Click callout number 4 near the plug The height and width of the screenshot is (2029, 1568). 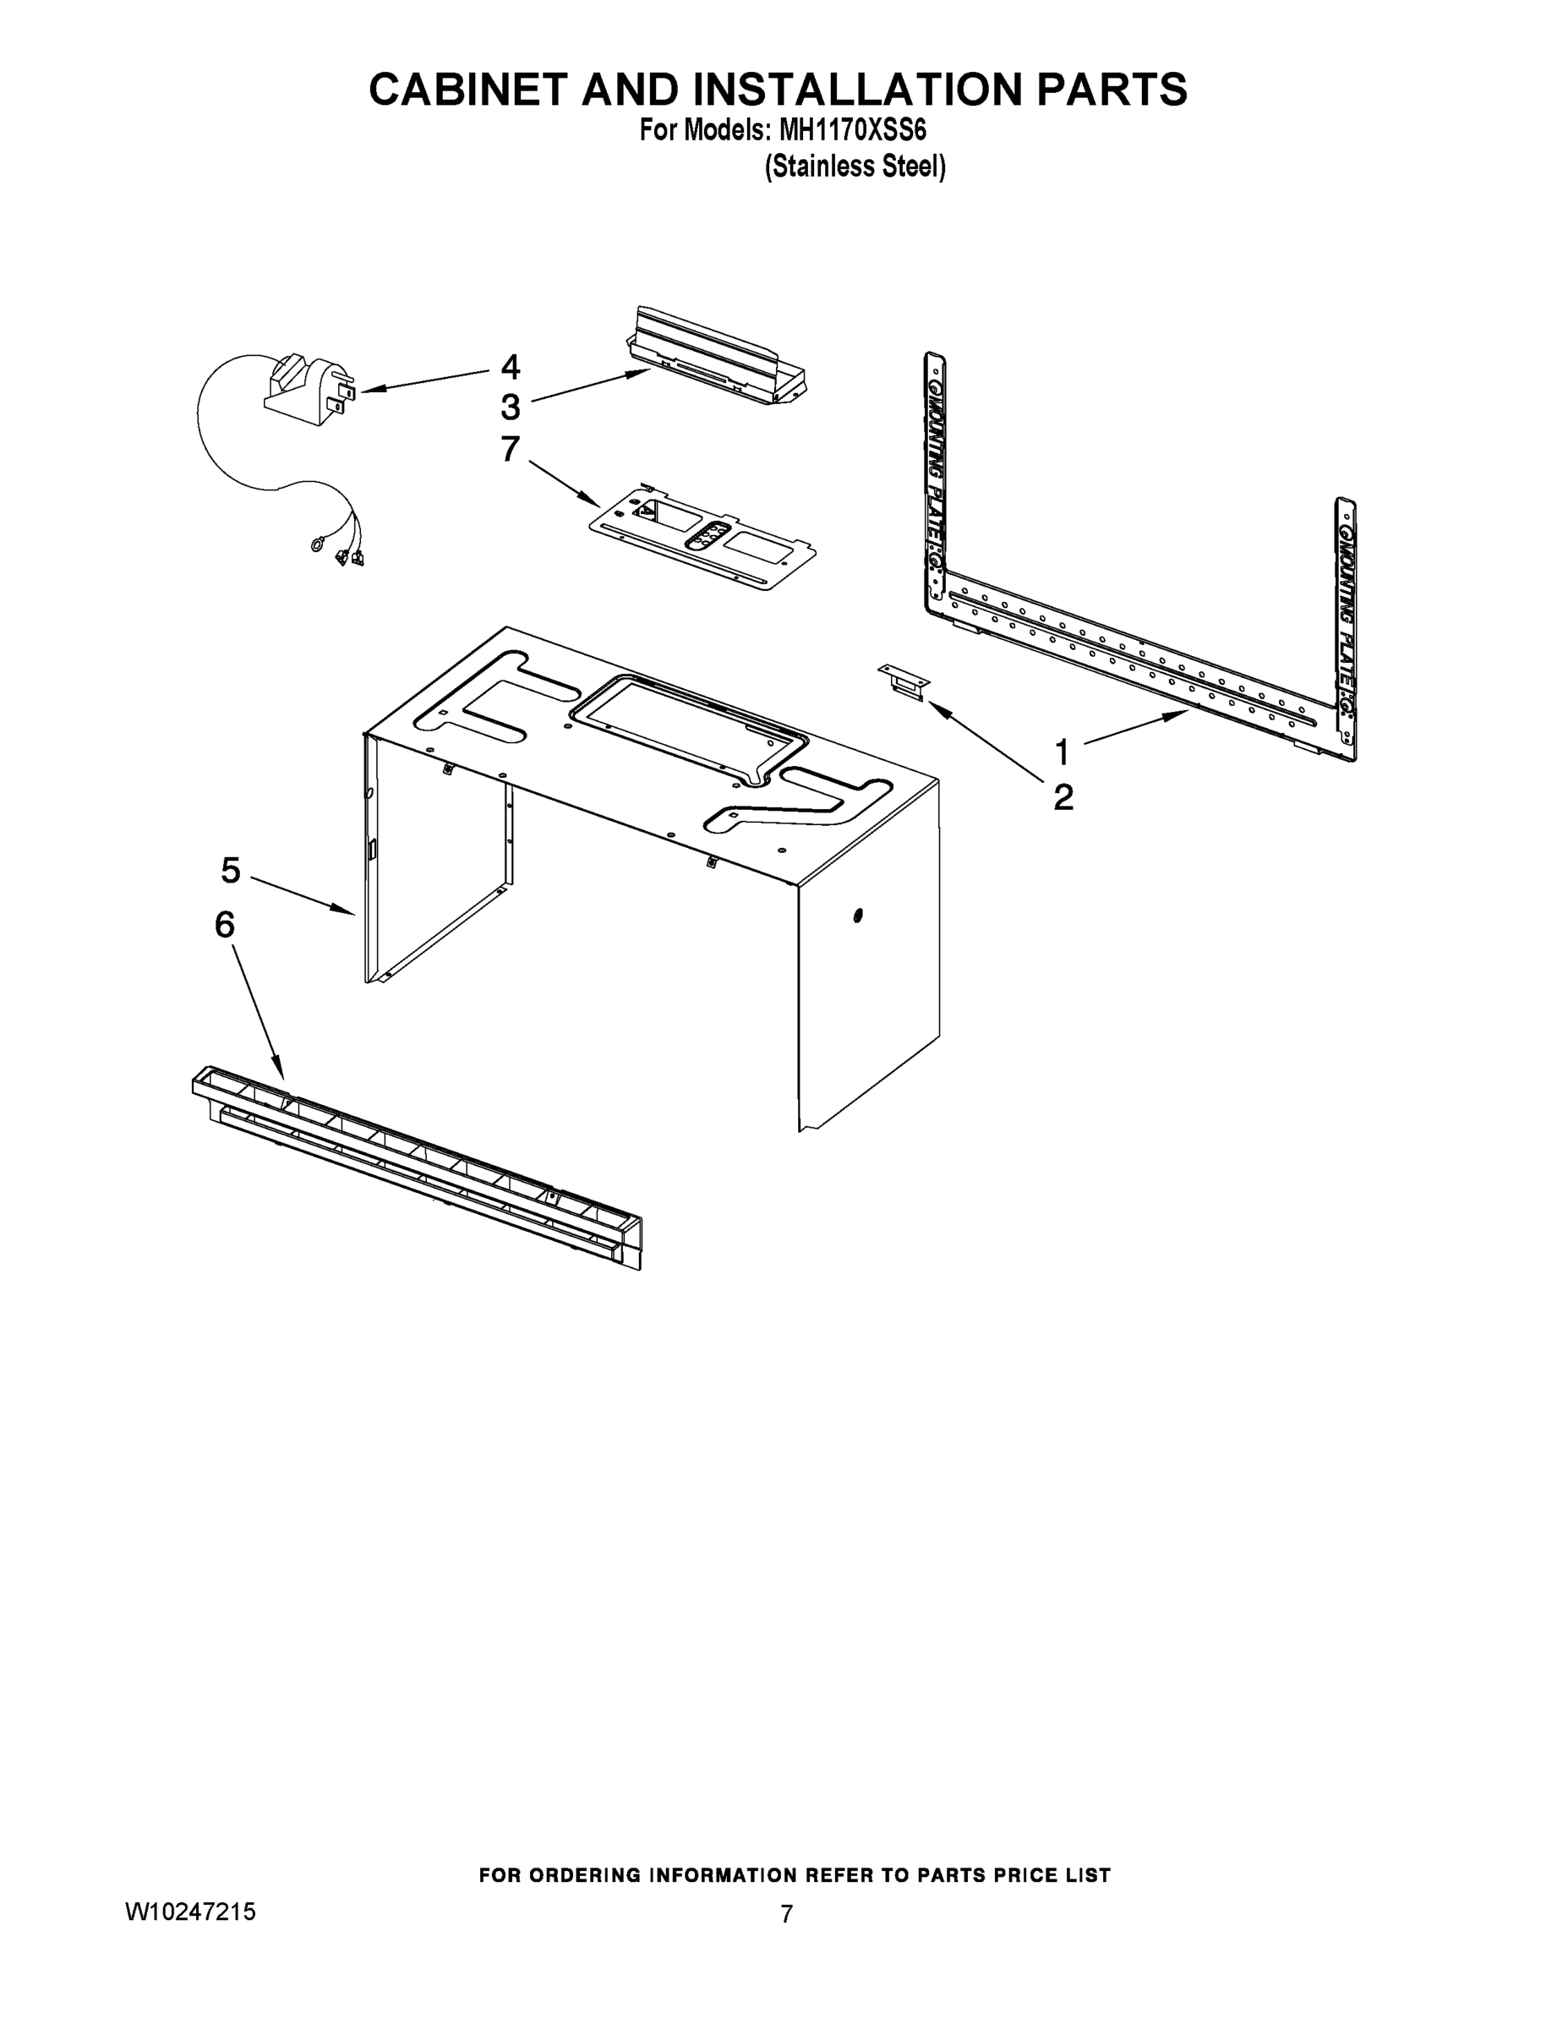pyautogui.click(x=510, y=367)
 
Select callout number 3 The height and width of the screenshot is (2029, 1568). pyautogui.click(x=510, y=407)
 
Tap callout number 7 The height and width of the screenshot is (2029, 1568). pyautogui.click(x=510, y=449)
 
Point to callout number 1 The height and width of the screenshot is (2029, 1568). pyautogui.click(x=1062, y=752)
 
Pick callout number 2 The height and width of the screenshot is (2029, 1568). pyautogui.click(x=1063, y=797)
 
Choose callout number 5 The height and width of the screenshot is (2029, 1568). pyautogui.click(x=231, y=871)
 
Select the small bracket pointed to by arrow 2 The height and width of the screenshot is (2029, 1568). pyautogui.click(x=903, y=681)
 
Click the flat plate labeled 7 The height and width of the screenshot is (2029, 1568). pyautogui.click(x=703, y=538)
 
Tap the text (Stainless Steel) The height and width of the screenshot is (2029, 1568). pyautogui.click(x=854, y=167)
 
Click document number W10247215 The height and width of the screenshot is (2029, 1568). pyautogui.click(x=190, y=1911)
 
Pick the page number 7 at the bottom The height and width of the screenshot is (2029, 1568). pyautogui.click(x=786, y=1914)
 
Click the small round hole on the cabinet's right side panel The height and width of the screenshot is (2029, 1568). pyautogui.click(x=857, y=916)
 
